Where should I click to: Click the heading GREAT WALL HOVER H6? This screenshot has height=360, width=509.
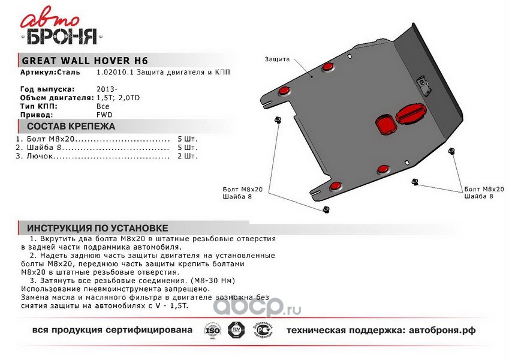(x=85, y=61)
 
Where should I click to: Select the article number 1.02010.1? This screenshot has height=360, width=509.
(x=113, y=72)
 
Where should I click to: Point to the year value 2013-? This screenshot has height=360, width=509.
(x=105, y=89)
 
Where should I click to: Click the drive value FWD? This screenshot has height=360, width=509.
(x=104, y=114)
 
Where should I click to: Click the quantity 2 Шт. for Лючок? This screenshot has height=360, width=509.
(x=187, y=156)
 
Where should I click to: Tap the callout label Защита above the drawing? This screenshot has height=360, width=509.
(x=276, y=59)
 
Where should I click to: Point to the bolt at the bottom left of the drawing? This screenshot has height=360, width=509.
(x=326, y=209)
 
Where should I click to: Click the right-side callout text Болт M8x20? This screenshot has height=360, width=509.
(x=484, y=189)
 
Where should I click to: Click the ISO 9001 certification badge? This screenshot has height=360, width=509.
(x=213, y=331)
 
